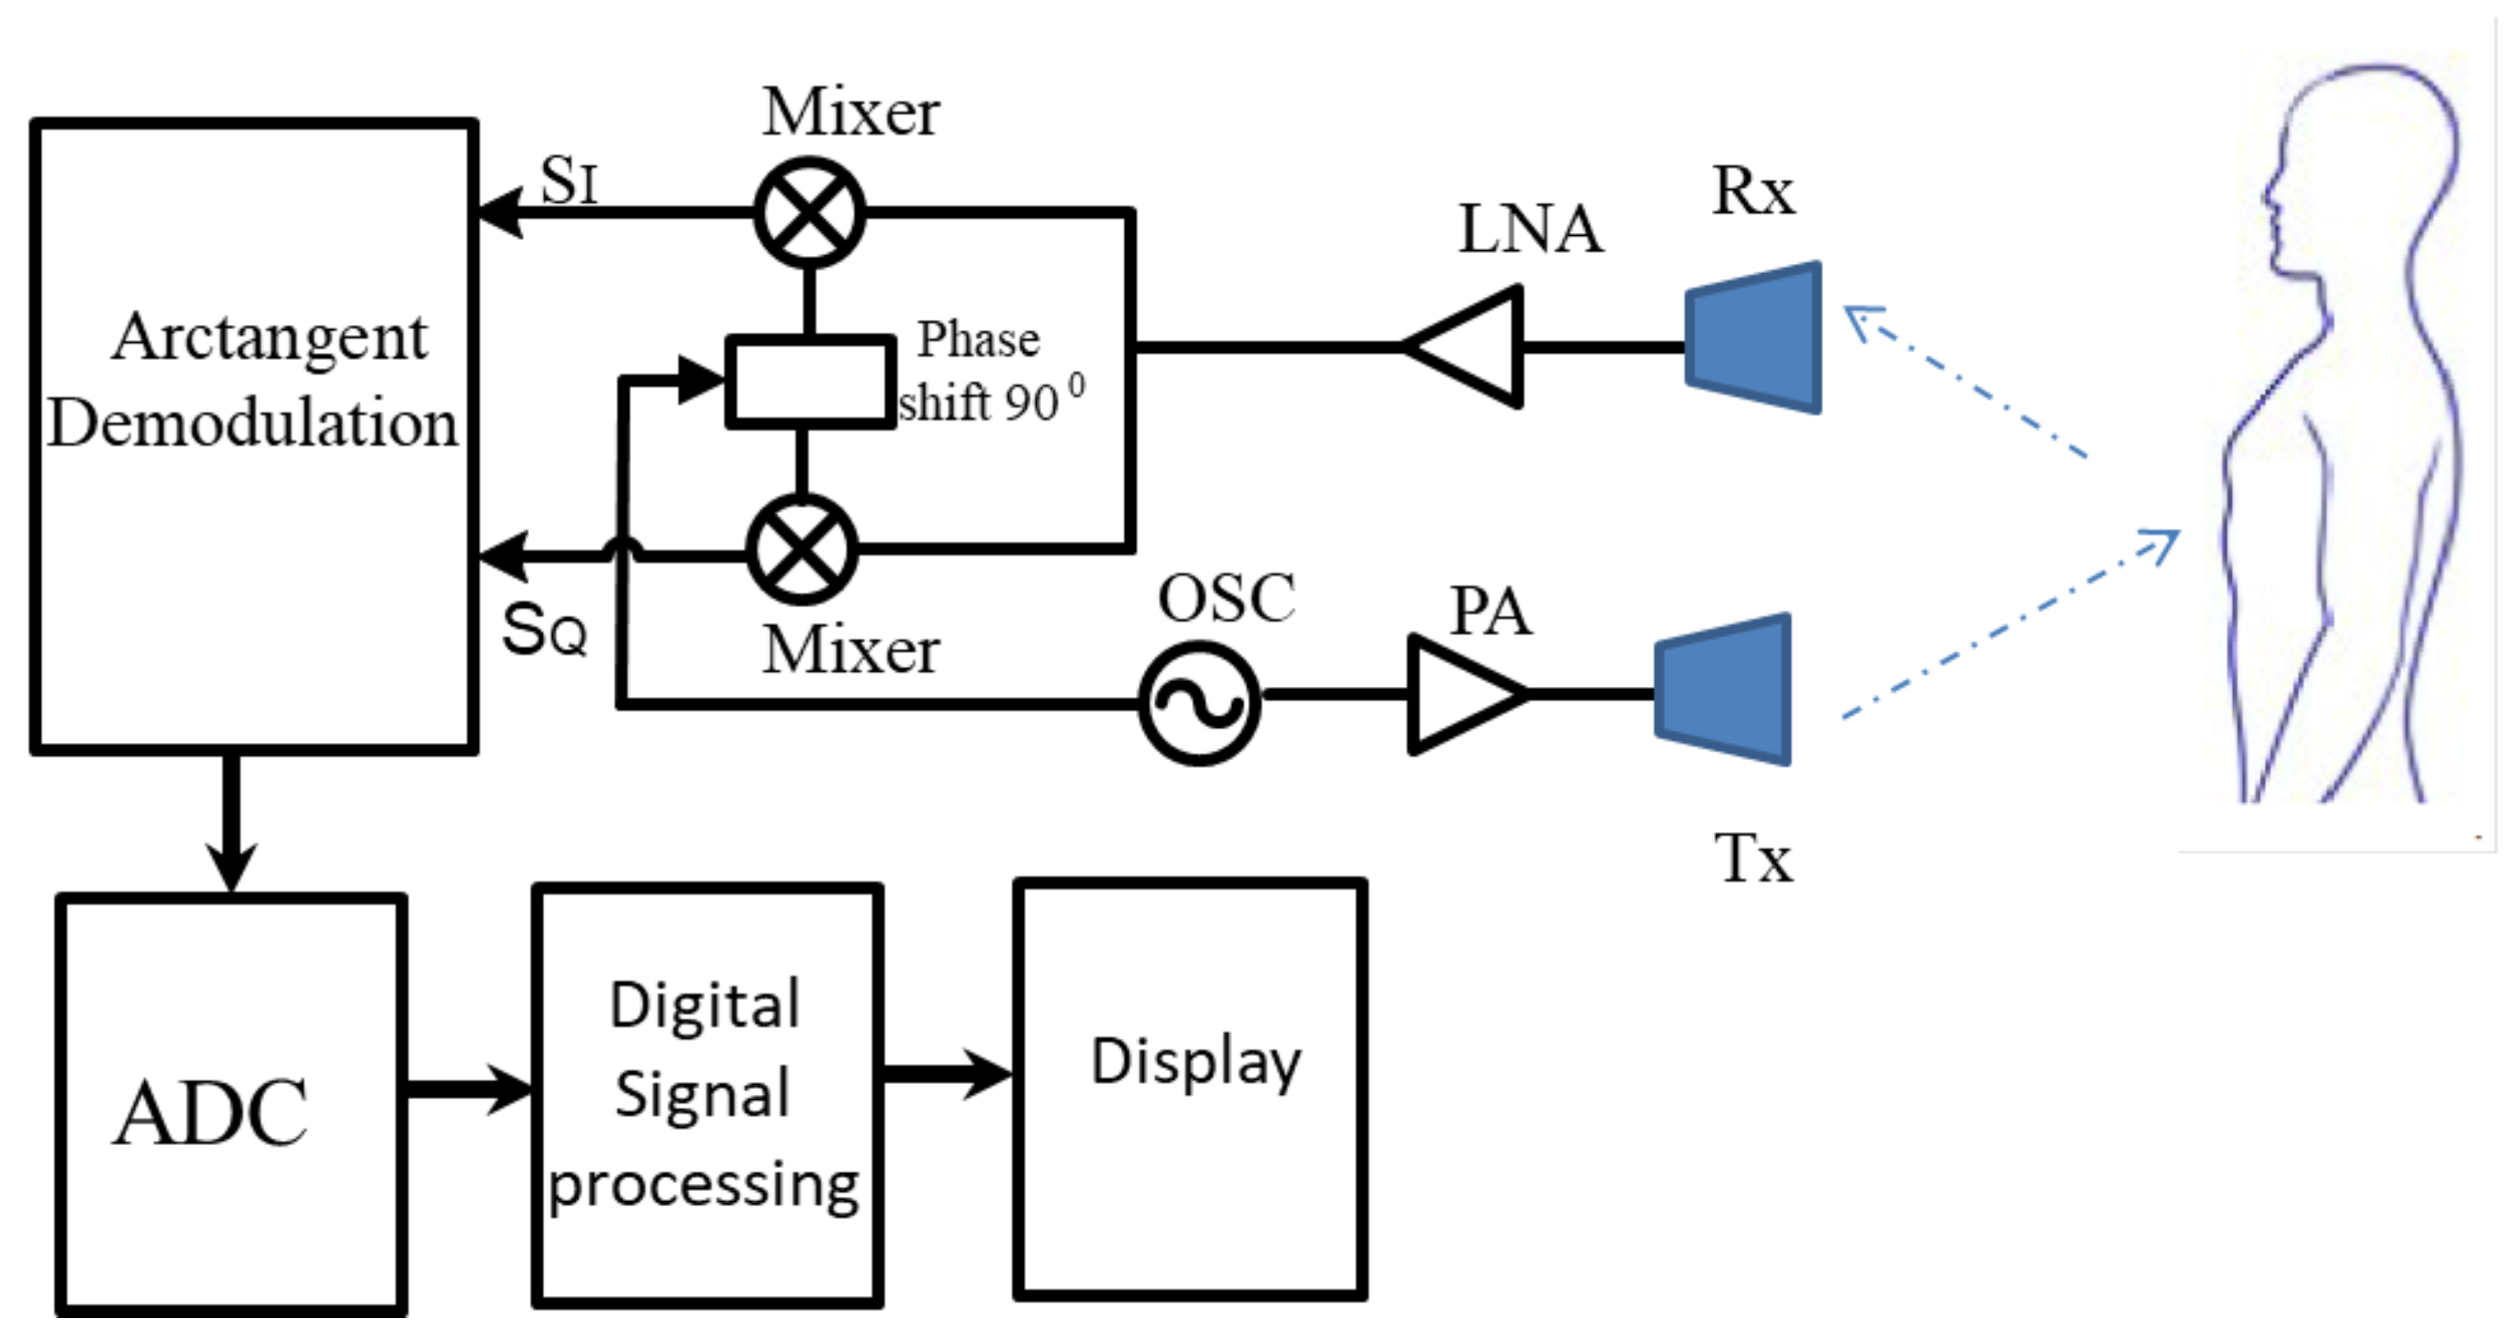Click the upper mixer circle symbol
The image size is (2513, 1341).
click(810, 213)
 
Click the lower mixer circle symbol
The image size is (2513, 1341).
click(802, 550)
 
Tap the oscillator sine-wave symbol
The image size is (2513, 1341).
click(1200, 702)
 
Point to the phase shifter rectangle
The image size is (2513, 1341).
click(810, 382)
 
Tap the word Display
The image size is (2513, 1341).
click(1195, 1062)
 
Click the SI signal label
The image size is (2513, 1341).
click(569, 182)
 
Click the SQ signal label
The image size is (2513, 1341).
click(544, 630)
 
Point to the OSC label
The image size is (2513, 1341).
click(1226, 597)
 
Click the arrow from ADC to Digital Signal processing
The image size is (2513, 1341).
click(468, 1088)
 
